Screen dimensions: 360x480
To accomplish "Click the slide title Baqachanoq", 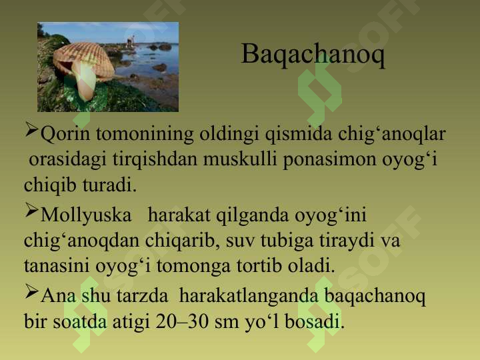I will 313,55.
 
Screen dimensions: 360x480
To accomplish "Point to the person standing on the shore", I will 131,41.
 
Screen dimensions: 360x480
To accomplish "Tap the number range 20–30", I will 180,323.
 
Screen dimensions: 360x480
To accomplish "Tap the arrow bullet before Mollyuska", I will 31,214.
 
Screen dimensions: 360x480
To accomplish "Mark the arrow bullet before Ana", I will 31,292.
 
